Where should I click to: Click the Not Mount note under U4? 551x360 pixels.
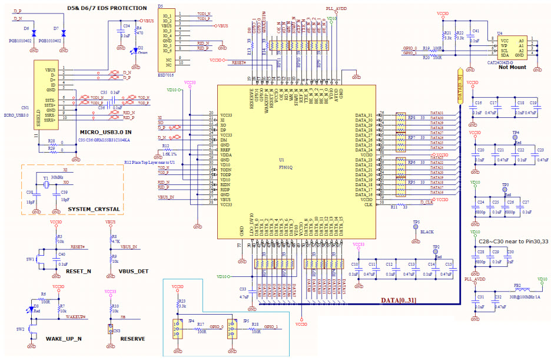click(x=511, y=67)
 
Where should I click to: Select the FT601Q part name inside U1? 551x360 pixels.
click(x=286, y=166)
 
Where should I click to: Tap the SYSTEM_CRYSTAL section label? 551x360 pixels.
click(x=94, y=209)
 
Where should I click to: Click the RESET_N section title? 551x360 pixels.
click(x=78, y=272)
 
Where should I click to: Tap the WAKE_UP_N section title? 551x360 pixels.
click(x=62, y=339)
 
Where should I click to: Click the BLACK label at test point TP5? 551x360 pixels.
click(x=427, y=232)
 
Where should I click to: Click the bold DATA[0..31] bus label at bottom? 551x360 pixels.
click(x=399, y=301)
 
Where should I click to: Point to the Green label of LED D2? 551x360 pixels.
click(x=142, y=54)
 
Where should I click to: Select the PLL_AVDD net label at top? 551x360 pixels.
click(x=336, y=9)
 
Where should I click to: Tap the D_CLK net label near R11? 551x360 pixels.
click(x=426, y=202)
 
